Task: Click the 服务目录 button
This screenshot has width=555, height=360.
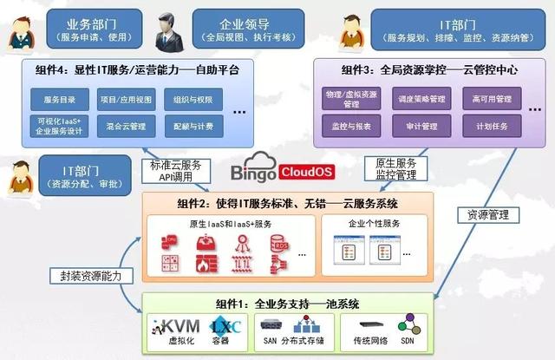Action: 60,99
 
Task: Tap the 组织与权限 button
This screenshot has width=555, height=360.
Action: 192,99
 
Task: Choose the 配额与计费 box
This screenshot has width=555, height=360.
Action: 192,127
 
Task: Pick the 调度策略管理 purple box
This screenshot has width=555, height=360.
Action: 422,99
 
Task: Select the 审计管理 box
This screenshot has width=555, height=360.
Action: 422,127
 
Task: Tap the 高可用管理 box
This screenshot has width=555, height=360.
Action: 490,99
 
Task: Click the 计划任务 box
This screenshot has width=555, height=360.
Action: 490,127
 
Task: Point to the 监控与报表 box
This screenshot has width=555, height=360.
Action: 351,127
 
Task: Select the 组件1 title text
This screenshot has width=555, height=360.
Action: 287,304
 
